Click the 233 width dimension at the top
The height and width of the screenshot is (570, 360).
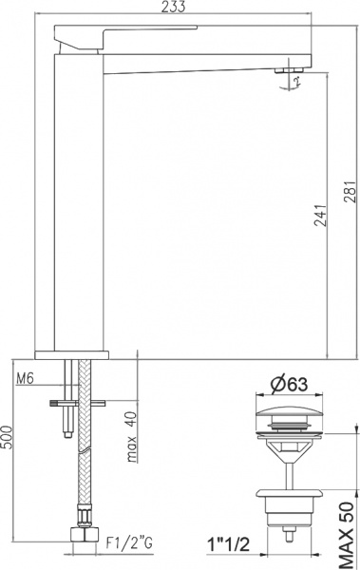pyautogui.click(x=174, y=8)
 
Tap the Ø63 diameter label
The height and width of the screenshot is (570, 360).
pyautogui.click(x=288, y=384)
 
